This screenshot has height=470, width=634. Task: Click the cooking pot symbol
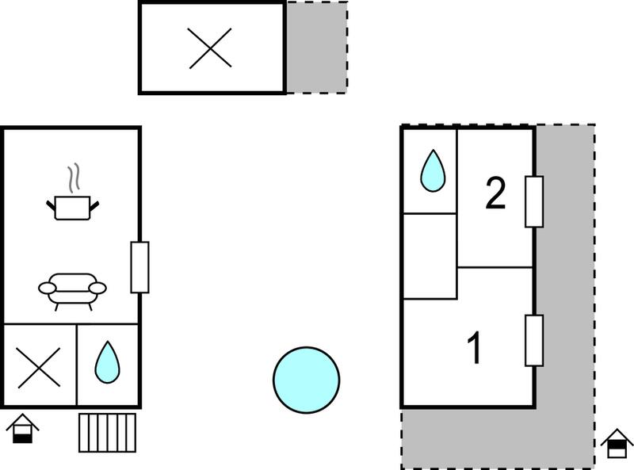tap(72, 207)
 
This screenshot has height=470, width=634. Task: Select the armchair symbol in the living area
tap(72, 291)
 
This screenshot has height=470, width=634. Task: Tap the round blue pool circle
tap(306, 380)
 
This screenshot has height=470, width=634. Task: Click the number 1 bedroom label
tap(474, 347)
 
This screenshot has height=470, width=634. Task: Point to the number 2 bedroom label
tap(495, 193)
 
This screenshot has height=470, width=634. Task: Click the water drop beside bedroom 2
tap(433, 170)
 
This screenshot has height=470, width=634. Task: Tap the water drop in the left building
tap(107, 362)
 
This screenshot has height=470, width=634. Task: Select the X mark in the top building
tap(210, 48)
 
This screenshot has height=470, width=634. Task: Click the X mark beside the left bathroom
tap(39, 368)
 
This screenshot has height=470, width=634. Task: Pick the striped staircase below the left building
tap(107, 433)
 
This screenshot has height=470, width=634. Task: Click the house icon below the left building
tap(23, 428)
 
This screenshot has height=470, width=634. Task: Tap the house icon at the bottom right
tap(617, 443)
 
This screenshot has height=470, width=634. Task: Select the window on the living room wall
tap(139, 267)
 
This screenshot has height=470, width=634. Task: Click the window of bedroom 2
tap(533, 201)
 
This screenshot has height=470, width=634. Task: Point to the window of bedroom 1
tap(533, 341)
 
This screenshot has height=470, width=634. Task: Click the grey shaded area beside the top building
tap(316, 48)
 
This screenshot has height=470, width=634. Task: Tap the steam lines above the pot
tap(74, 178)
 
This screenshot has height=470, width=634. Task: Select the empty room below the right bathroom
tap(430, 256)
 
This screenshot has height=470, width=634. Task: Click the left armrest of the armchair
tap(48, 288)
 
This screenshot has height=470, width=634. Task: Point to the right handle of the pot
tap(94, 206)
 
